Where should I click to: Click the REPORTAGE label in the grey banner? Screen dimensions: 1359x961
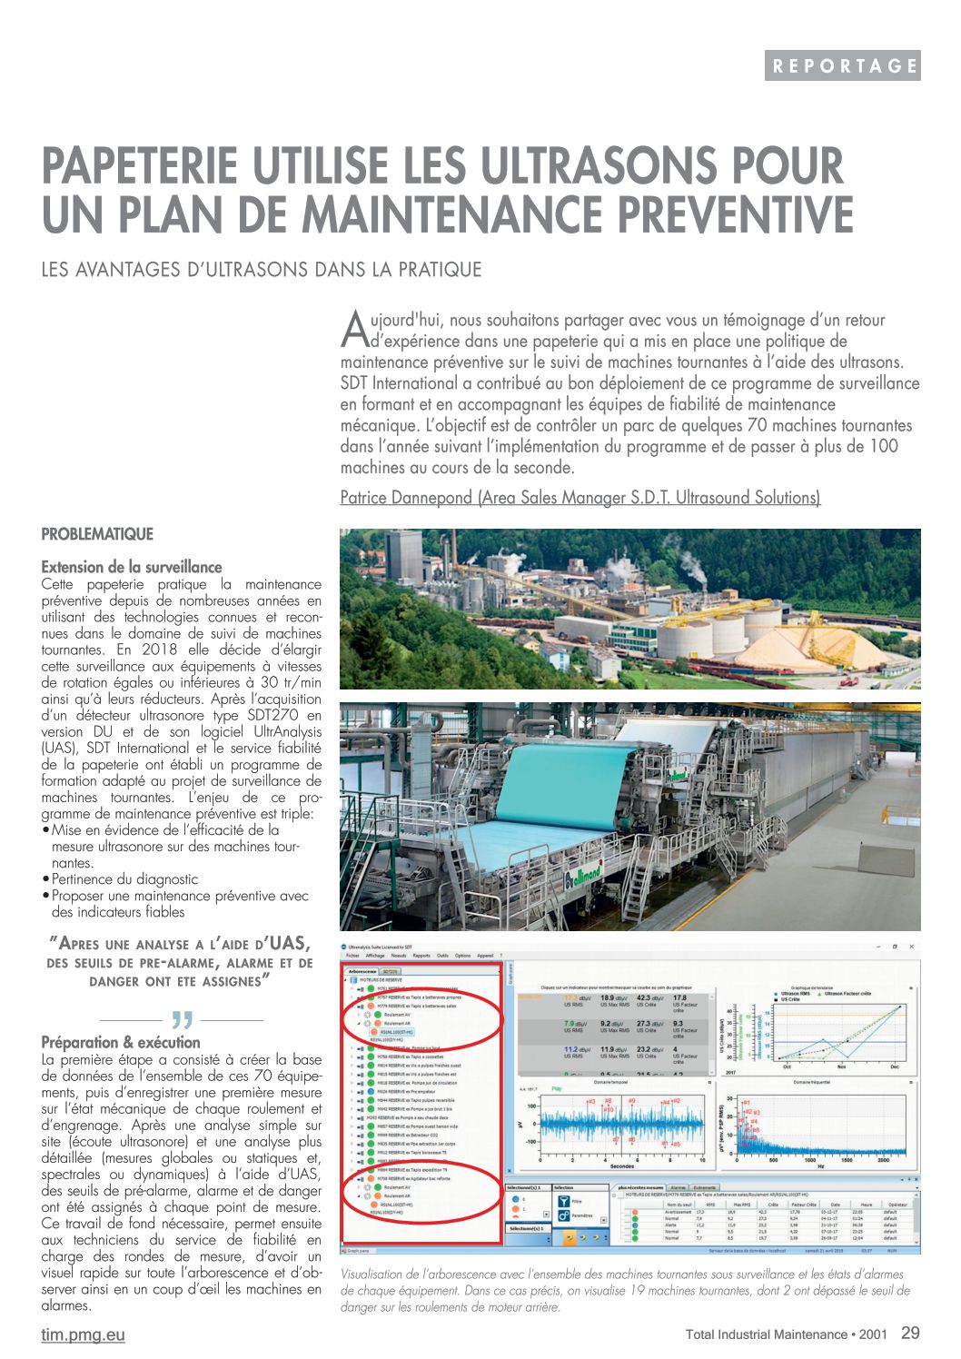843,65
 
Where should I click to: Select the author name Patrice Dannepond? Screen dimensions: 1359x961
406,498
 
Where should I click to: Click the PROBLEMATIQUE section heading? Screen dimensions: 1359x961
97,534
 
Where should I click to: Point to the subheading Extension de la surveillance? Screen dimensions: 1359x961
132,567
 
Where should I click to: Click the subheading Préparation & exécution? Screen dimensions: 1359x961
121,1042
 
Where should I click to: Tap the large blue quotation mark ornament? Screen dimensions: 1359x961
182,1019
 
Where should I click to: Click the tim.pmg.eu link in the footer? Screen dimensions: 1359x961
83,1334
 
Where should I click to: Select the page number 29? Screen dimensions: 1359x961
910,1333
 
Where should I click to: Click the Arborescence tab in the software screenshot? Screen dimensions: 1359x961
362,970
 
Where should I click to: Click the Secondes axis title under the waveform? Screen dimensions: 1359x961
622,1166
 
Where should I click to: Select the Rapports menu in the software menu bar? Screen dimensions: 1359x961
421,956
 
